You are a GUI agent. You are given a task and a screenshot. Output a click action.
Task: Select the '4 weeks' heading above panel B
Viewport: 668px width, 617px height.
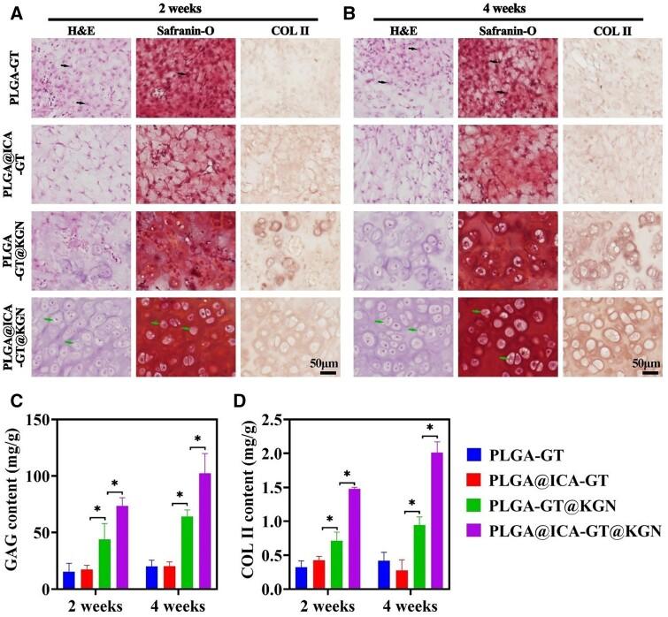point(513,9)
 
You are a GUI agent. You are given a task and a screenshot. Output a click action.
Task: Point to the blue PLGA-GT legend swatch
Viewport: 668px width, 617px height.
point(475,456)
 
